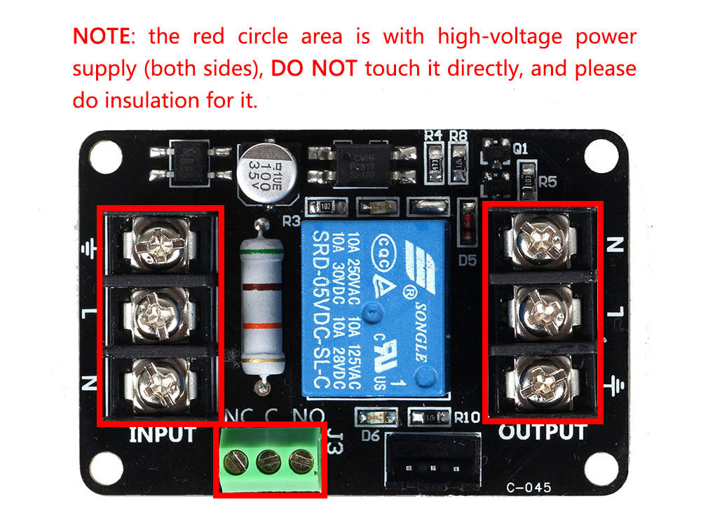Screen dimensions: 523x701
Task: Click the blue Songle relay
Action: (372, 308)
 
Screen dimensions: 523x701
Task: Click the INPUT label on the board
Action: (162, 434)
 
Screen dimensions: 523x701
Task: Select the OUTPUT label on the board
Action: (542, 432)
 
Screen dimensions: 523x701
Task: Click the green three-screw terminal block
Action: (271, 460)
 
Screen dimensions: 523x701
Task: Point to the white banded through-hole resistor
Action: (262, 308)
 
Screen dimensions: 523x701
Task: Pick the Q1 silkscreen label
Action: (520, 148)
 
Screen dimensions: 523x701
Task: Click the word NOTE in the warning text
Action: (100, 36)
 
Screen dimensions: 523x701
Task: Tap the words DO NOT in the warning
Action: (315, 69)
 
